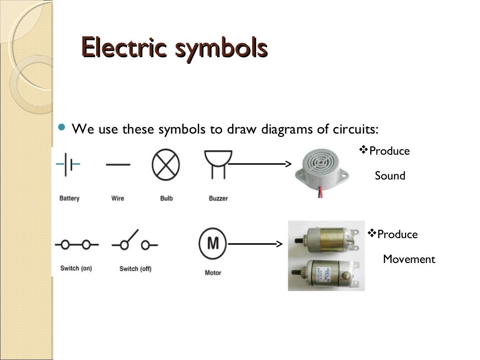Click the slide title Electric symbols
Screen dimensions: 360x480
[174, 48]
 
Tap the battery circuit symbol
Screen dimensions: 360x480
[68, 165]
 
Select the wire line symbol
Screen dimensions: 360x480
[118, 165]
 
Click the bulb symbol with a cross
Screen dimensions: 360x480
[166, 165]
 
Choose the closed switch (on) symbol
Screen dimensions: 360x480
[76, 244]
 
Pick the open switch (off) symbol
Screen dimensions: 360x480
[135, 242]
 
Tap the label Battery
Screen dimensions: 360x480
[69, 198]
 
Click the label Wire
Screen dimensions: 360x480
[118, 198]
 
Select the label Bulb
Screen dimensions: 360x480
[166, 198]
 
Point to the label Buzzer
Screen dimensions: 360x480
[218, 198]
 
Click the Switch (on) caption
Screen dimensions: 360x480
[76, 269]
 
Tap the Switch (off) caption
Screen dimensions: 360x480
[135, 269]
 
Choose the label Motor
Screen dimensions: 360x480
[213, 272]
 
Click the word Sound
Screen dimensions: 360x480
[390, 176]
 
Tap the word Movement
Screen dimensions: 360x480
[409, 259]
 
